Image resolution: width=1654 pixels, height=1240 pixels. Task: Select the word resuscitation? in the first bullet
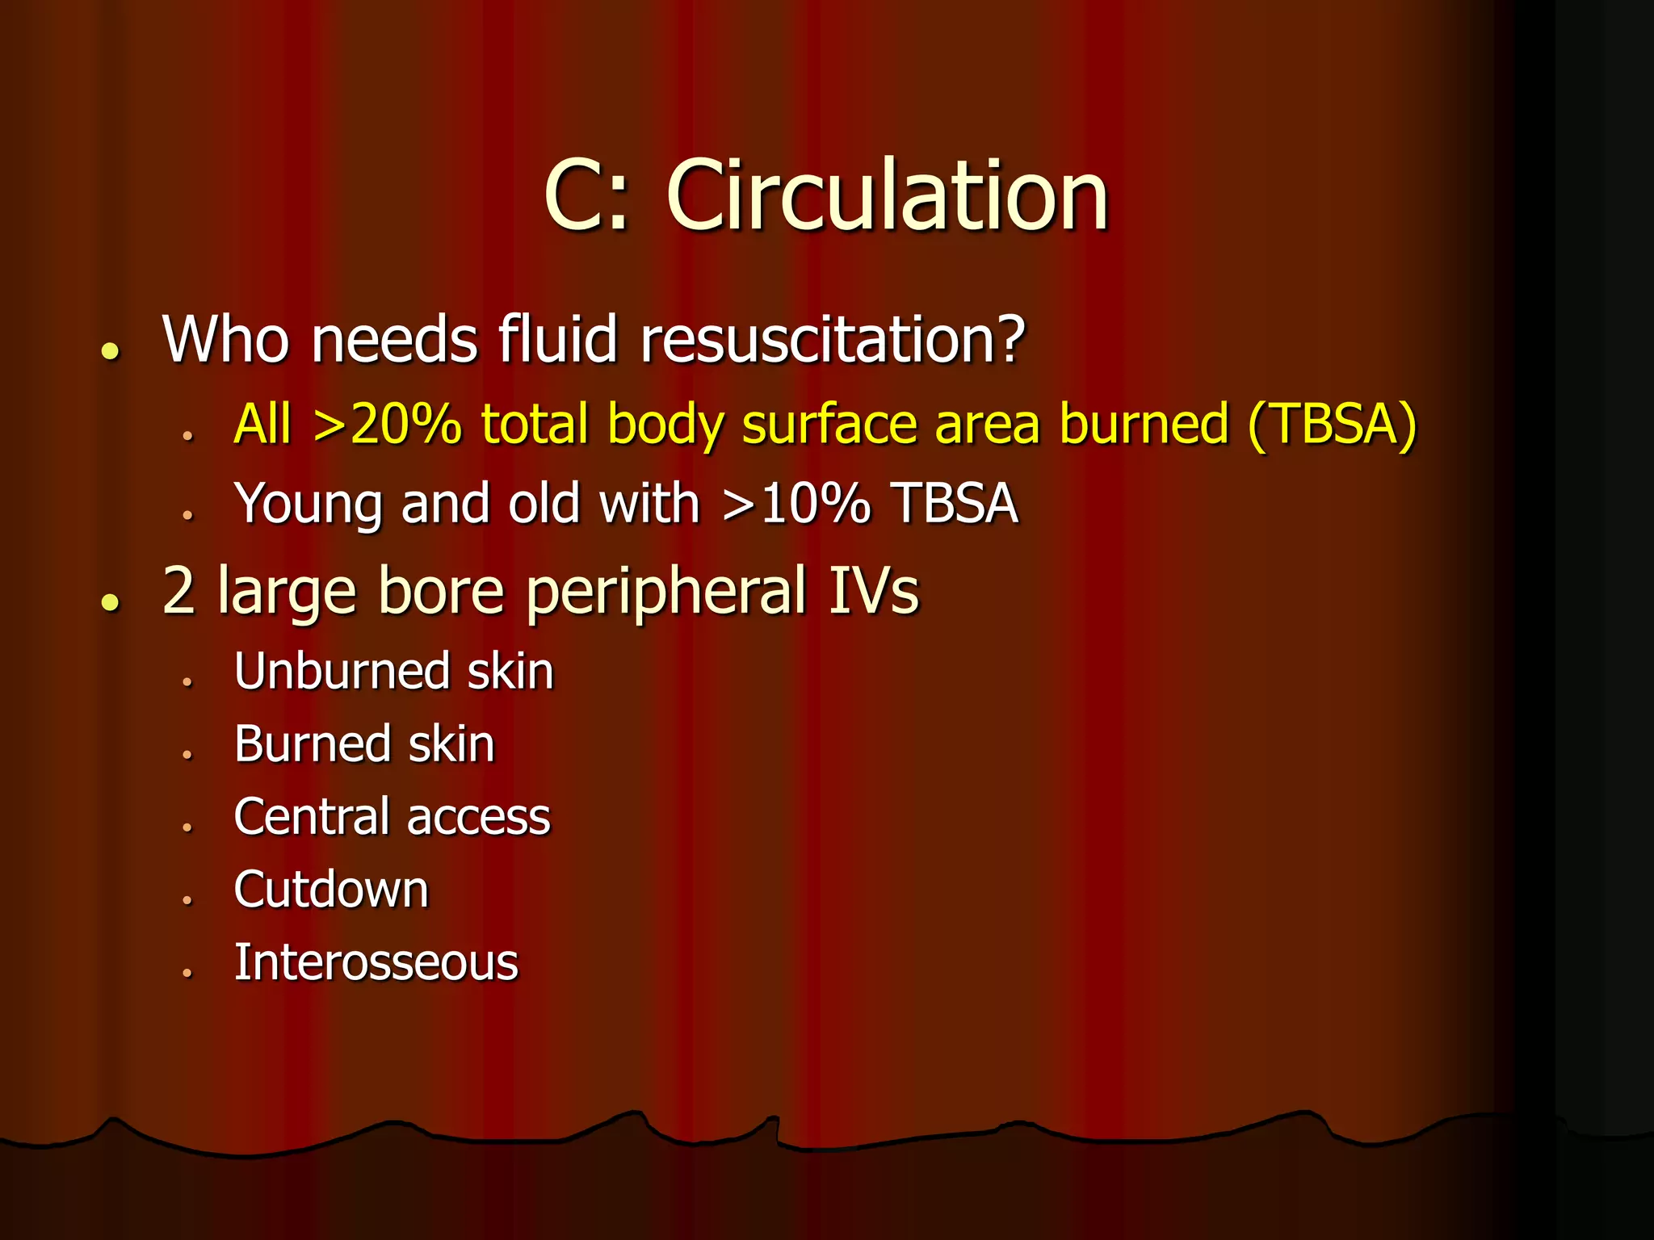pos(832,339)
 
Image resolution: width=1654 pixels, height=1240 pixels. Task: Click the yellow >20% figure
pos(388,424)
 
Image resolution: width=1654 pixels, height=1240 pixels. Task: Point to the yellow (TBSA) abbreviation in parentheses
pos(1332,424)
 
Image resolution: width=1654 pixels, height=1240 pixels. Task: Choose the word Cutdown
pos(331,890)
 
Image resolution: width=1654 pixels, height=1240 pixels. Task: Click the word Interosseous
pos(376,962)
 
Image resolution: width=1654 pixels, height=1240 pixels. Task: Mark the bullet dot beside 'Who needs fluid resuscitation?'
pos(111,351)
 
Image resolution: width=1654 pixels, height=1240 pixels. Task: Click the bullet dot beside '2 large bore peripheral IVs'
pos(111,602)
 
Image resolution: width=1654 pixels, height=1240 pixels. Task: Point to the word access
pos(479,818)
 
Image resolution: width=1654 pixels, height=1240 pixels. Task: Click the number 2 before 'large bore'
pos(178,591)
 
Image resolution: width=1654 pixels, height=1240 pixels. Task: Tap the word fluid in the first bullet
pos(558,339)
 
